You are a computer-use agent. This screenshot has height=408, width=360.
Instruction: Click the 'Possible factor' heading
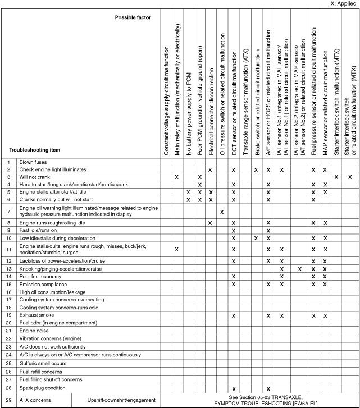(x=133, y=17)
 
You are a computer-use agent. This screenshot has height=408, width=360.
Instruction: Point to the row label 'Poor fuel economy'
(x=43, y=277)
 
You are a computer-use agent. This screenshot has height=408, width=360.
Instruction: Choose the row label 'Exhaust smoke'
(x=39, y=315)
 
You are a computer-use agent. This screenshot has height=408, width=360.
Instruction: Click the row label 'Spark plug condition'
(x=45, y=388)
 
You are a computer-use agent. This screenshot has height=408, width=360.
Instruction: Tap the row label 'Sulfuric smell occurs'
(x=47, y=363)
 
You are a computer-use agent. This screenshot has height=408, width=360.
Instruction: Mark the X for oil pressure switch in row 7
(x=222, y=212)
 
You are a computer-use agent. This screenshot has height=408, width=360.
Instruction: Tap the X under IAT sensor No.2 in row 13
(x=299, y=269)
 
